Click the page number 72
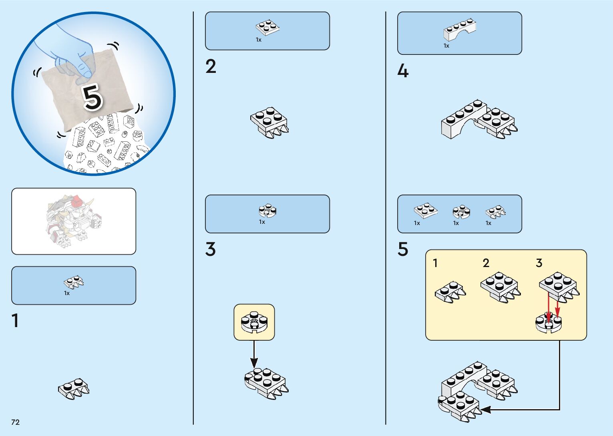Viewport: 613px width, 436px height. (x=15, y=422)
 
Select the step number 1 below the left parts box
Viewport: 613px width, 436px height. (x=15, y=321)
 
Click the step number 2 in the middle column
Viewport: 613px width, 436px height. (x=211, y=66)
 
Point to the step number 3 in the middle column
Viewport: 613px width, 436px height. (x=211, y=249)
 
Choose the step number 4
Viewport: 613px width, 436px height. (x=403, y=71)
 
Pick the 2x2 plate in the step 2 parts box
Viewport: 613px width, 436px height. (x=267, y=27)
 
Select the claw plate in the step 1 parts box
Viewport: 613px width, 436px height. (x=74, y=282)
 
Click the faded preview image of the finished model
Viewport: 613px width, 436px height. (x=74, y=221)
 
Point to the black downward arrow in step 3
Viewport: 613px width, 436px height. (x=254, y=354)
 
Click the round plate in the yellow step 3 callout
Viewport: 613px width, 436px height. (x=254, y=322)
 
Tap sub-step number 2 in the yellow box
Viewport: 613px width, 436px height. (x=486, y=263)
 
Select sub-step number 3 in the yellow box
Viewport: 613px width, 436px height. (x=539, y=263)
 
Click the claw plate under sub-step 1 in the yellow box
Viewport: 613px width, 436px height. (x=450, y=292)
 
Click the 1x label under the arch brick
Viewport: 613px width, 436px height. (x=446, y=46)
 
